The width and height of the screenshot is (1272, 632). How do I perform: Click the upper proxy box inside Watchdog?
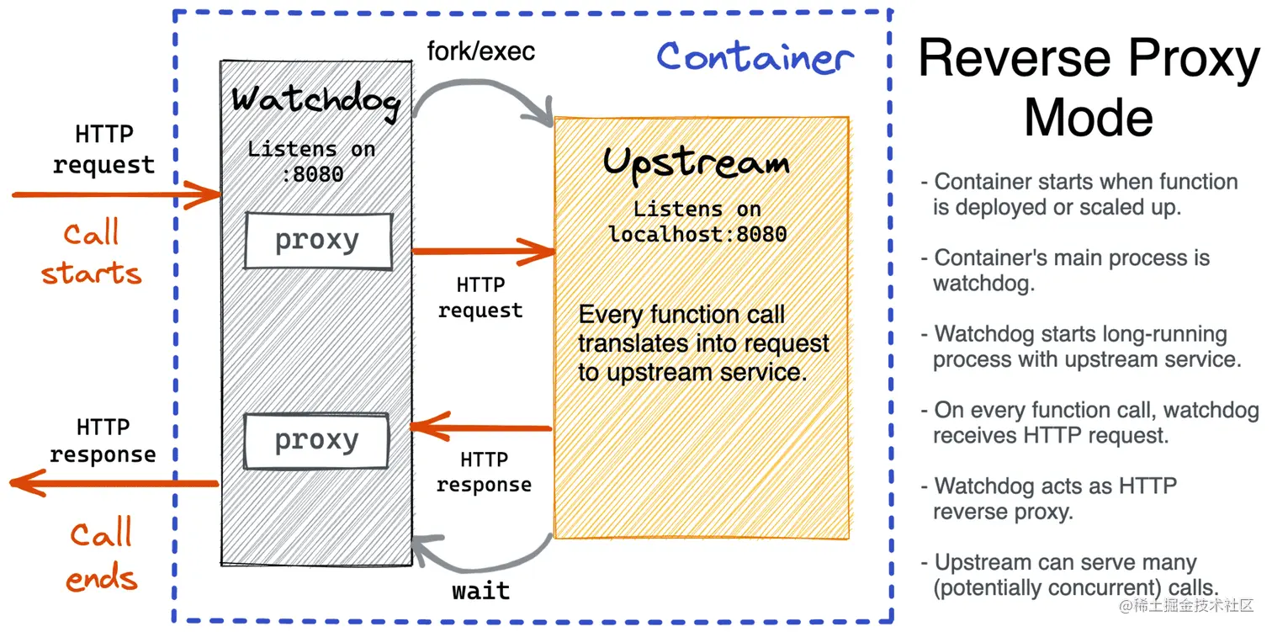tap(319, 241)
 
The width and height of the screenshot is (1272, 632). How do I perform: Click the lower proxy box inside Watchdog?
tap(316, 441)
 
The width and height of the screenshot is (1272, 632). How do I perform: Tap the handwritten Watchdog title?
tap(315, 101)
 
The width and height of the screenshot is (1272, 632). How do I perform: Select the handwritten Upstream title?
tap(697, 163)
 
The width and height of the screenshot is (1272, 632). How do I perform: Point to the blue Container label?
tap(755, 58)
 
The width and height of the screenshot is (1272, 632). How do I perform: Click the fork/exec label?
tap(481, 51)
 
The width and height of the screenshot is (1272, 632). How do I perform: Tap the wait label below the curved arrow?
tap(481, 591)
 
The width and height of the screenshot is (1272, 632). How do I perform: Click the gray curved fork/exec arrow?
tap(484, 85)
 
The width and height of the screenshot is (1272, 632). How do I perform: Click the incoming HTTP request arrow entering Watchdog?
tap(116, 194)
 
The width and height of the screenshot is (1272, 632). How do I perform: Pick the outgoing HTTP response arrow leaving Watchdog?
tap(114, 483)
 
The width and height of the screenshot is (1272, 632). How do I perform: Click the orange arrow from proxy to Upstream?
tap(483, 252)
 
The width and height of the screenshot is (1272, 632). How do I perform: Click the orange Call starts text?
tap(92, 252)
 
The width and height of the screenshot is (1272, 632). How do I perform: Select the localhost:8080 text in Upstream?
tap(697, 235)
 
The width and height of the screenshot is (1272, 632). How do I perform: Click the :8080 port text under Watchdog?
tap(313, 174)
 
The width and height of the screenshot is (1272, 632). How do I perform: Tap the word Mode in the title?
tap(1089, 118)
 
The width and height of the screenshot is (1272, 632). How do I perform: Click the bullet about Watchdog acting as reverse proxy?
tap(1049, 498)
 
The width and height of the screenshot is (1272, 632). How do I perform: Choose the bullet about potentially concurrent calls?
tap(1070, 575)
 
